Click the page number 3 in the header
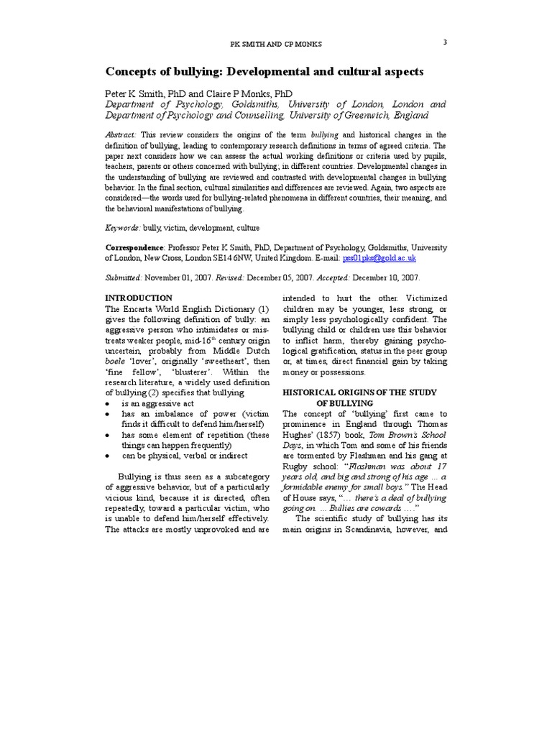pos(445,42)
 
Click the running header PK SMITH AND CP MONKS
pos(276,45)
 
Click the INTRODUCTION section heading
pos(139,298)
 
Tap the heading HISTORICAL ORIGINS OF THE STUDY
pos(364,392)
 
